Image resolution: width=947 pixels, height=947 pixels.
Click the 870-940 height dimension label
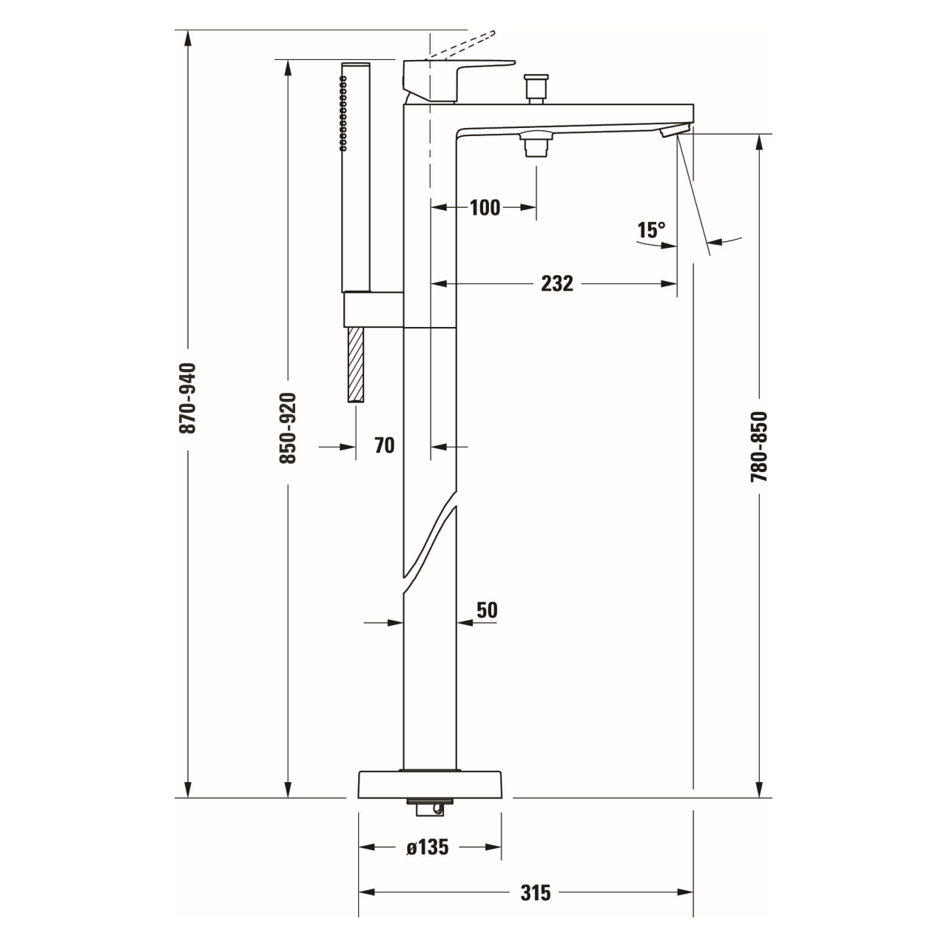click(x=187, y=398)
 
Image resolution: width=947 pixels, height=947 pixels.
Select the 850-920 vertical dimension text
click(x=288, y=428)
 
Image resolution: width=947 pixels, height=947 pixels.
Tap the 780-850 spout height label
click(x=759, y=446)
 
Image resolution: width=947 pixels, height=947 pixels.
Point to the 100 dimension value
click(x=485, y=207)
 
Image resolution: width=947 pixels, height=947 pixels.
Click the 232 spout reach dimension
click(x=557, y=283)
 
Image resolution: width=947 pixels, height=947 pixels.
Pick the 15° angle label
click(x=651, y=230)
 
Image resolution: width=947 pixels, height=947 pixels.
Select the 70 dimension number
click(x=384, y=445)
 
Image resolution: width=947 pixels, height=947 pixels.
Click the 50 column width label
click(x=487, y=610)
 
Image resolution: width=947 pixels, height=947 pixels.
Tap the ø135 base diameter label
click(x=428, y=847)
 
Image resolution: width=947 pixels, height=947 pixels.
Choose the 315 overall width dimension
click(x=536, y=892)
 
